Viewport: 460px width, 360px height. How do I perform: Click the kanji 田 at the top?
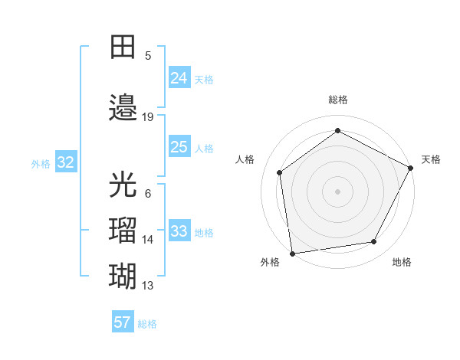pos(123,47)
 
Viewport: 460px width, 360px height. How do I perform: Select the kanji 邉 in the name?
pos(123,107)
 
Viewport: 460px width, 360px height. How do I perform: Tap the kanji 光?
pos(123,185)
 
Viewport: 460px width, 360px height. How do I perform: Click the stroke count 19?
pos(148,117)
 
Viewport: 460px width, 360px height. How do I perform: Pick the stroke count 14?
pos(148,240)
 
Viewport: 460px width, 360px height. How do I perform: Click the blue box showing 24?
pos(179,77)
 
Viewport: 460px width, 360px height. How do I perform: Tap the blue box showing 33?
pos(179,231)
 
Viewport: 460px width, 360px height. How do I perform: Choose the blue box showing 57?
pos(122,322)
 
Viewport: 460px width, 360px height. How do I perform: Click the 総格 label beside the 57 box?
pos(147,324)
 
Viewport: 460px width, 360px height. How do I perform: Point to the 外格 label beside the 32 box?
pos(41,163)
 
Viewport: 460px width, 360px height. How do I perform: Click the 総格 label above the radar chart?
pos(337,100)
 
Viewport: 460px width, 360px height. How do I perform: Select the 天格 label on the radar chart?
pos(431,159)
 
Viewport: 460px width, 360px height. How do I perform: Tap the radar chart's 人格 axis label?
pos(245,159)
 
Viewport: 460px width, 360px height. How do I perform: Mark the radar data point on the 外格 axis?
pos(292,253)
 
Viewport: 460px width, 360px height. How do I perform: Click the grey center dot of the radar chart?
pos(337,191)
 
